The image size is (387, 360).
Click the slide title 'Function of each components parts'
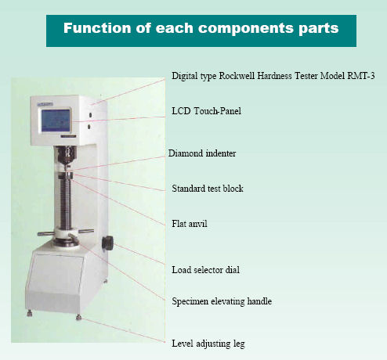(201, 28)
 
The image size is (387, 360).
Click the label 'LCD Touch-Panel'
(206, 111)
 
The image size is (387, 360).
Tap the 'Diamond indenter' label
(202, 153)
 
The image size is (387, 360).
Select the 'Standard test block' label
(208, 189)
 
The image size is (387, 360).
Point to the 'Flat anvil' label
(190, 224)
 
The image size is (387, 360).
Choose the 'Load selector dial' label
(205, 270)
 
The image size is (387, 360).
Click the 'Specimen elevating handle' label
(222, 301)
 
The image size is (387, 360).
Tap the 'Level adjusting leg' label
(208, 344)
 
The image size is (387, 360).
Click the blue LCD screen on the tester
(56, 121)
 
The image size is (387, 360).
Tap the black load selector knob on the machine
(107, 243)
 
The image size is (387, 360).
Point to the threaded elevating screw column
(65, 204)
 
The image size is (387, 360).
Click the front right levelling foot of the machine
(78, 317)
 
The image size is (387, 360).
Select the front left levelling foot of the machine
(30, 313)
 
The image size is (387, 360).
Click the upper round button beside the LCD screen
(90, 115)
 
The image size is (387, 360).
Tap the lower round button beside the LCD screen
(89, 127)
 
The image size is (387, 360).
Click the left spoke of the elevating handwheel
(46, 233)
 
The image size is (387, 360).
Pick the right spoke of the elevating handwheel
(86, 231)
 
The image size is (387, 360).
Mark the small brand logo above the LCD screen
(45, 104)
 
